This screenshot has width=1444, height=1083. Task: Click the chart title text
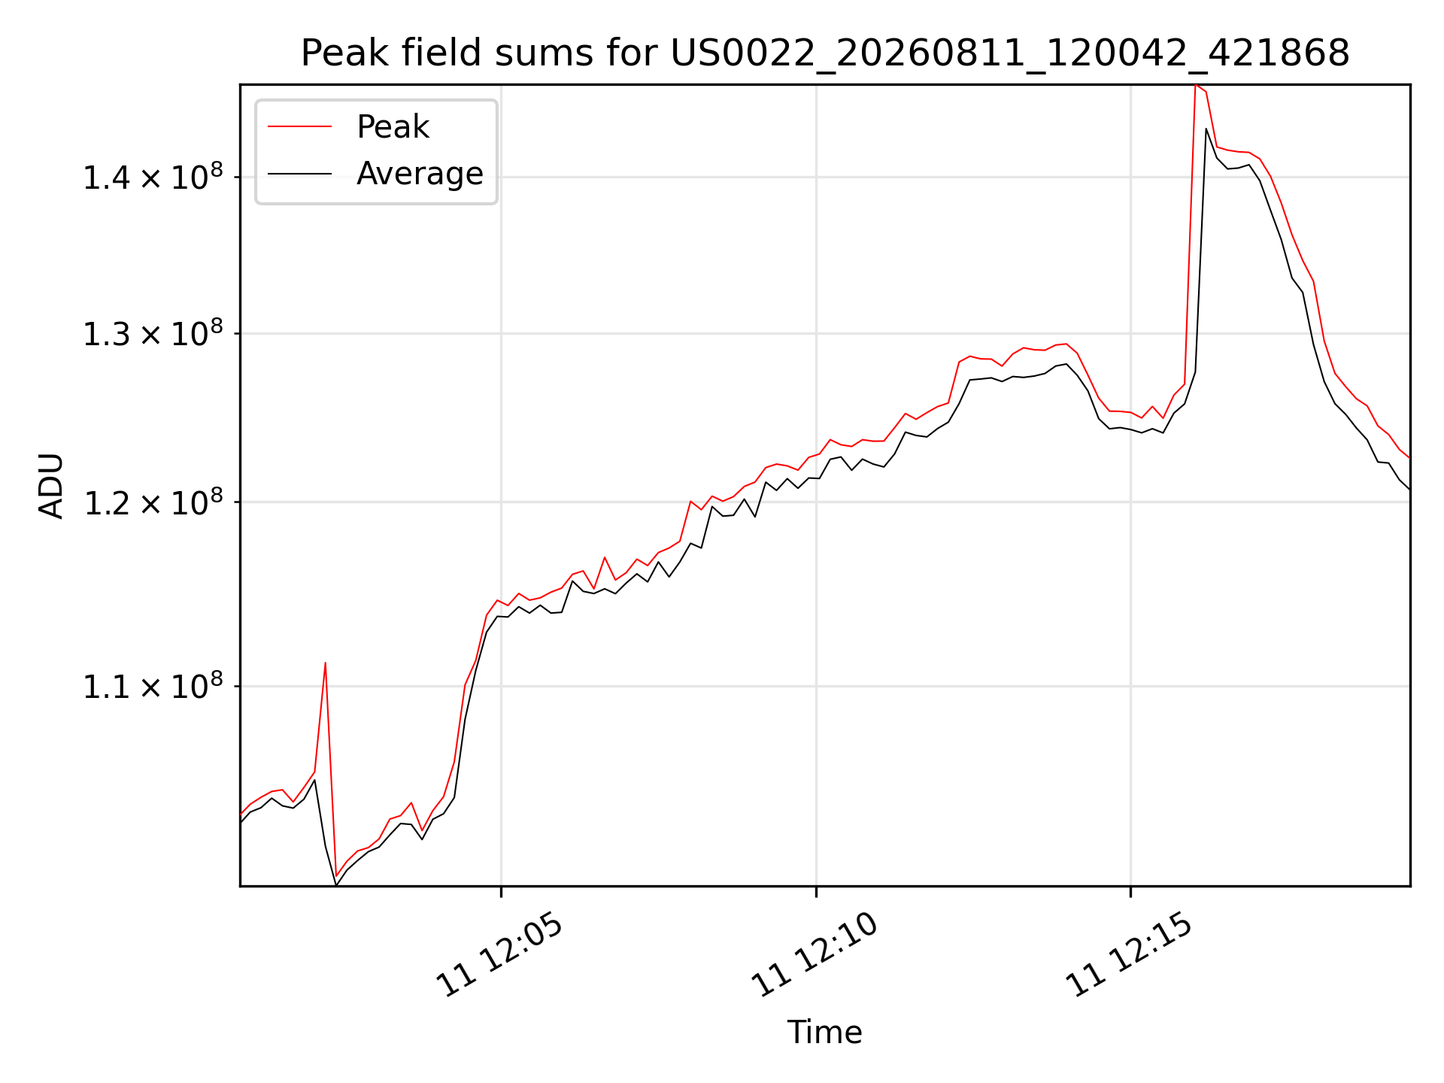click(825, 53)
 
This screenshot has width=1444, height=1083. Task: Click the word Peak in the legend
click(393, 127)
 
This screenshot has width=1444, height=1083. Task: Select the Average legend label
click(420, 174)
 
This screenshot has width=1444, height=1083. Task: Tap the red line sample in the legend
click(299, 126)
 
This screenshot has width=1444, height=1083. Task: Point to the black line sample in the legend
click(299, 174)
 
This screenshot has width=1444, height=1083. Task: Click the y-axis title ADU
click(51, 486)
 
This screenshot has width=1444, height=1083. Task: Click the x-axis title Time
click(824, 1032)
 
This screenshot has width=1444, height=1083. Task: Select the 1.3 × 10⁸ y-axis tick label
click(153, 333)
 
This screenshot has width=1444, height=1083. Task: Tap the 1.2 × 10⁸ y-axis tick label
click(153, 502)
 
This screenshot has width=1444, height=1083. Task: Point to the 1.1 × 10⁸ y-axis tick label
click(153, 686)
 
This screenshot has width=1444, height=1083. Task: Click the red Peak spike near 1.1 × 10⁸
click(325, 663)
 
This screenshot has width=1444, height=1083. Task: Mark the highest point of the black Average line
click(1206, 129)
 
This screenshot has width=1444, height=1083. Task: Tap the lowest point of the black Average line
click(336, 885)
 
